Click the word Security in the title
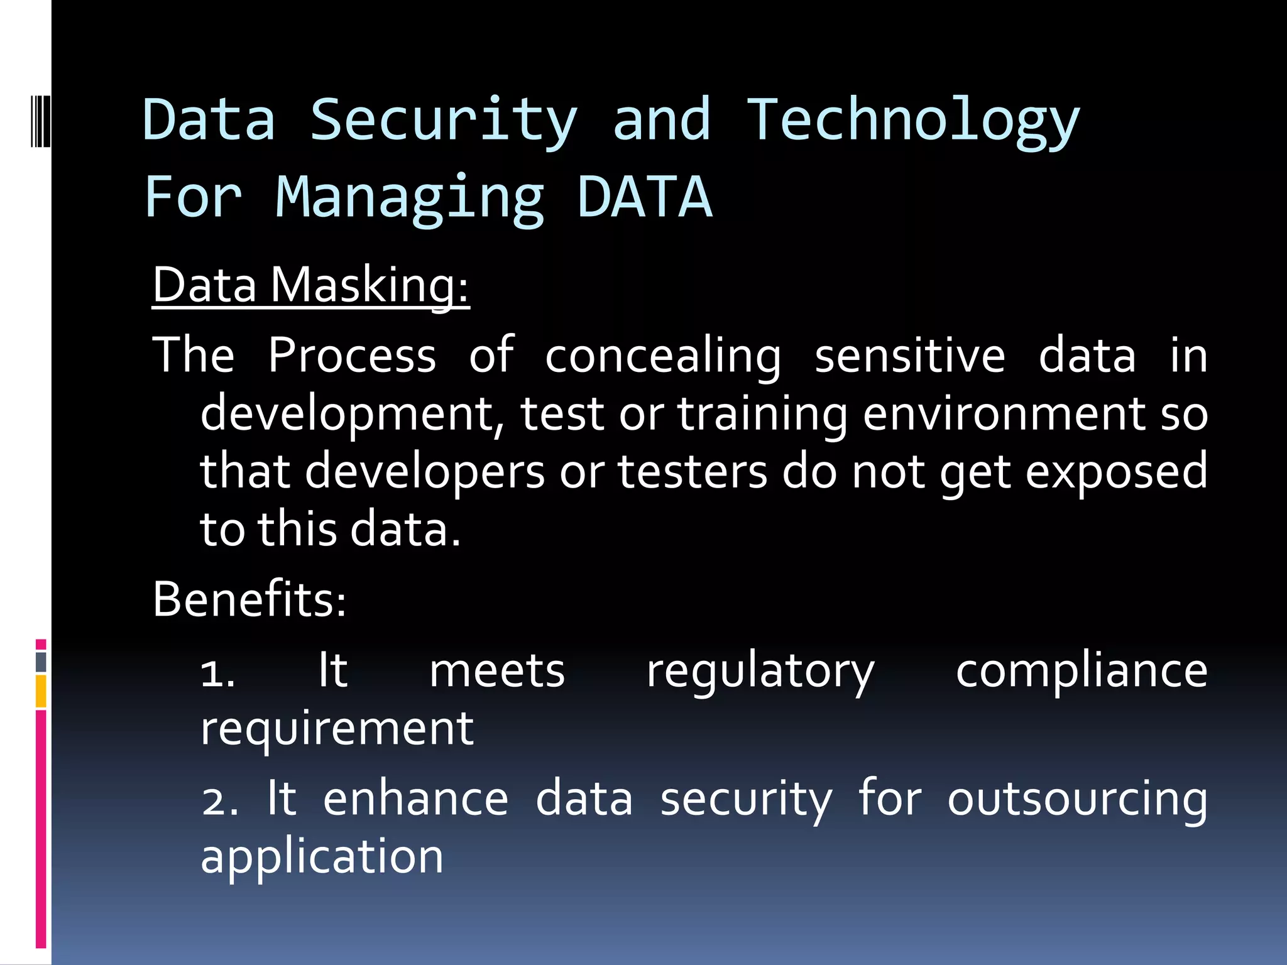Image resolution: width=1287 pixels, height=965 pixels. coord(444,121)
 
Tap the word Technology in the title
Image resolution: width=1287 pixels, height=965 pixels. coord(912,121)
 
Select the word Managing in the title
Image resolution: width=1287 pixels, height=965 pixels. coord(410,198)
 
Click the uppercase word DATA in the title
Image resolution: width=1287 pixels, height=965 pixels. coord(645,197)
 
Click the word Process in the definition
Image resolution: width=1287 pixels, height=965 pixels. coord(352,355)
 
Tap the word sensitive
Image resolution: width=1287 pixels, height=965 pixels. coord(909,355)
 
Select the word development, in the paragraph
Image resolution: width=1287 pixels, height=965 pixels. coord(352,415)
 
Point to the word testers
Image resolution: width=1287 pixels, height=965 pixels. coord(692,472)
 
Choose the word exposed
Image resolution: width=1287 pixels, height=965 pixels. coord(1116,472)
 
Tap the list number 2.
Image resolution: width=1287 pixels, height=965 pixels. coord(219,801)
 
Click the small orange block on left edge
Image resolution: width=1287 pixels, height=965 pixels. coord(41,691)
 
